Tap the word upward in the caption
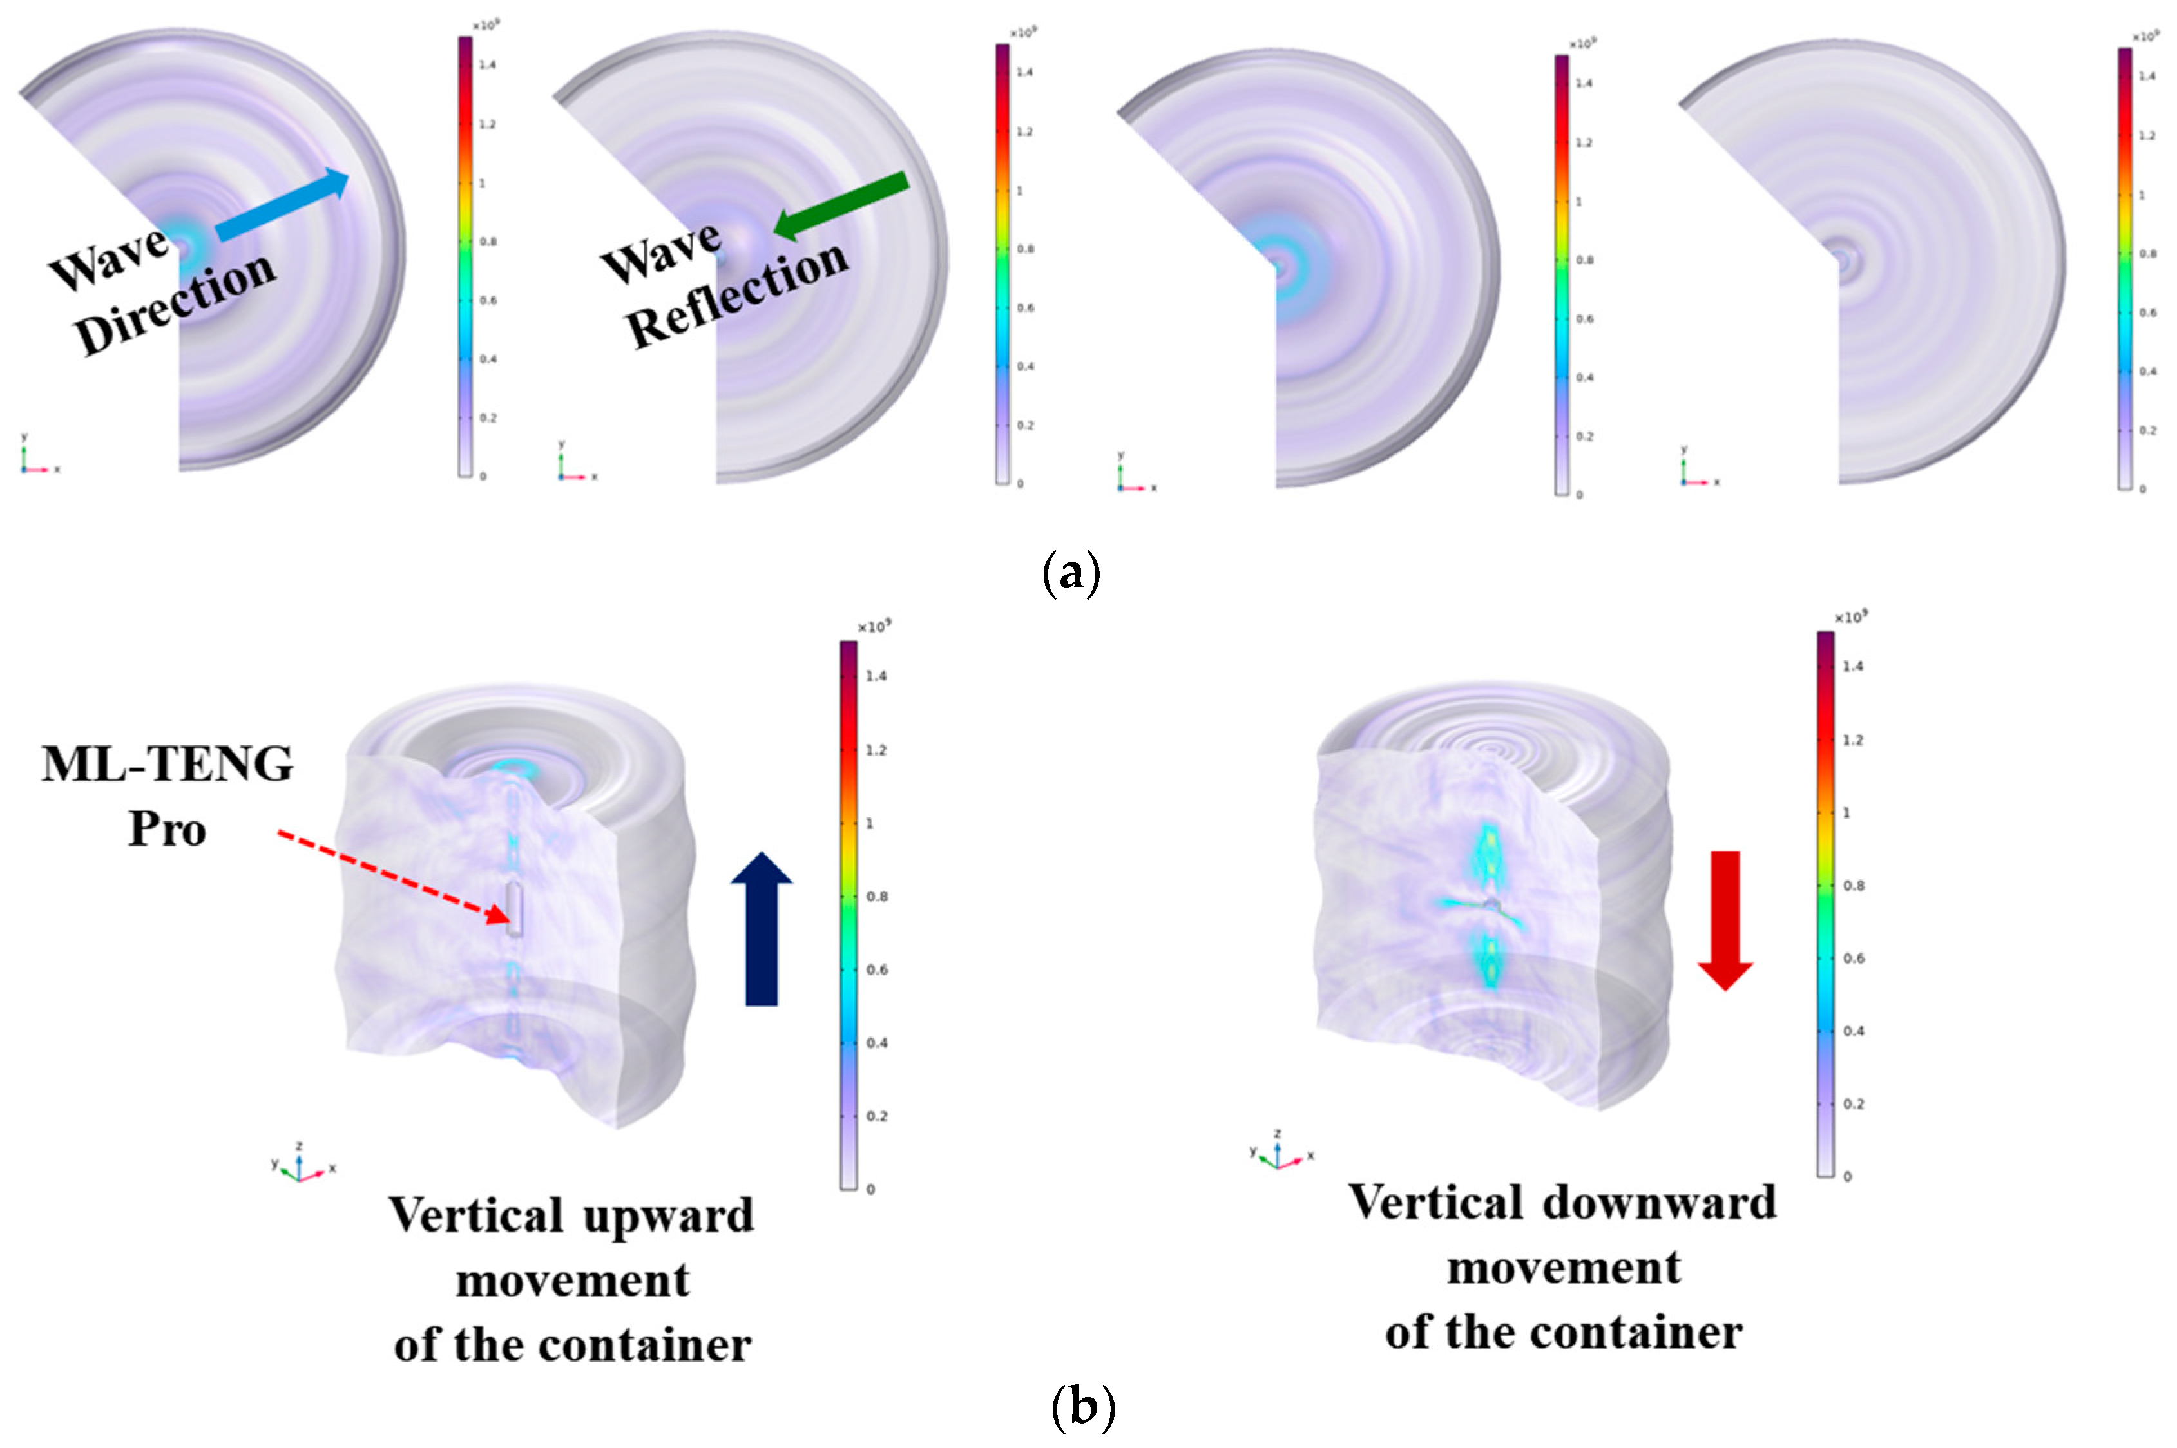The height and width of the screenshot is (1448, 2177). click(x=660, y=1215)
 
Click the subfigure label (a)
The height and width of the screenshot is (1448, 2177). click(x=1071, y=573)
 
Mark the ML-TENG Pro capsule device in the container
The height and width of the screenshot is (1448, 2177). click(x=515, y=909)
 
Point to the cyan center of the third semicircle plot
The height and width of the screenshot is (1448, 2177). click(x=1280, y=268)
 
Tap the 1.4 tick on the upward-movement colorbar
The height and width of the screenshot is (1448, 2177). click(x=876, y=676)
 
